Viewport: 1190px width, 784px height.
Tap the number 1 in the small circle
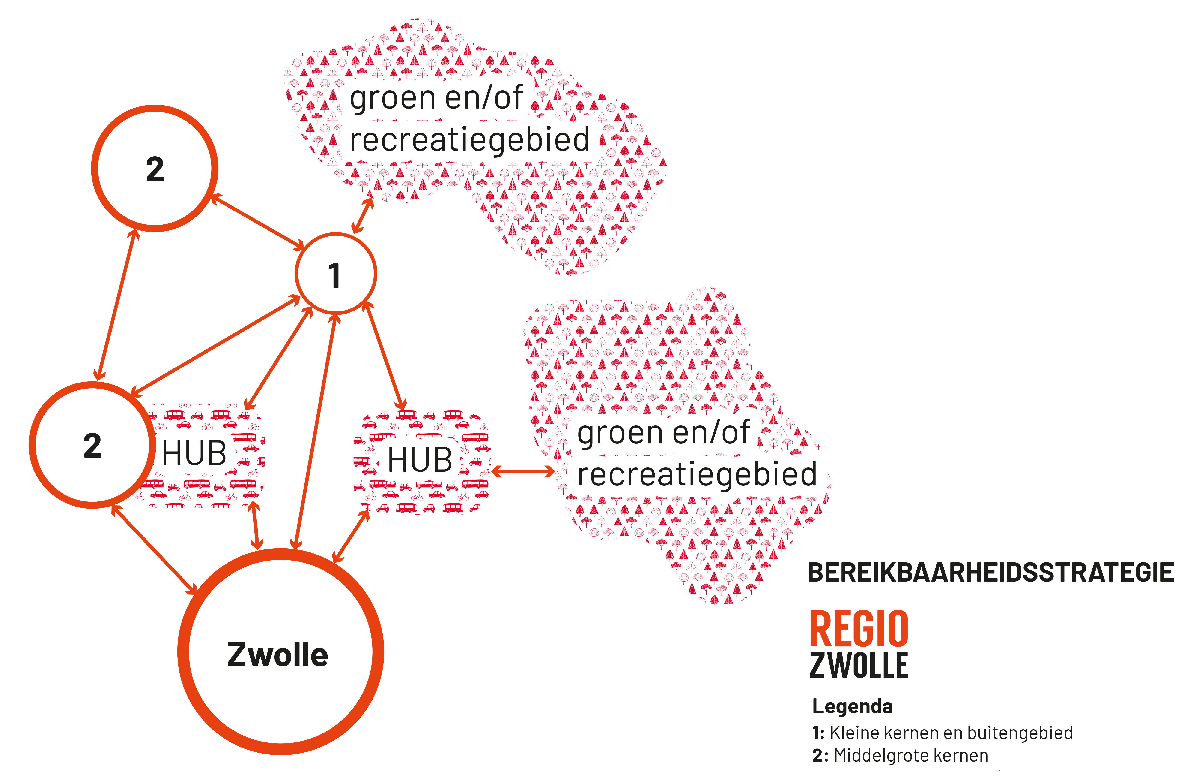(334, 276)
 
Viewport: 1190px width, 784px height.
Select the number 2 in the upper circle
(155, 169)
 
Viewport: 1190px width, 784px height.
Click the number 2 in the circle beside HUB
(92, 446)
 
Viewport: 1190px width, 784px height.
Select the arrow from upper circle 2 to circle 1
(257, 222)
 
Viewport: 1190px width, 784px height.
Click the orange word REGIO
(859, 629)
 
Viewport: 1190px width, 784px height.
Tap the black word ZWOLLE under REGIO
(859, 665)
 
